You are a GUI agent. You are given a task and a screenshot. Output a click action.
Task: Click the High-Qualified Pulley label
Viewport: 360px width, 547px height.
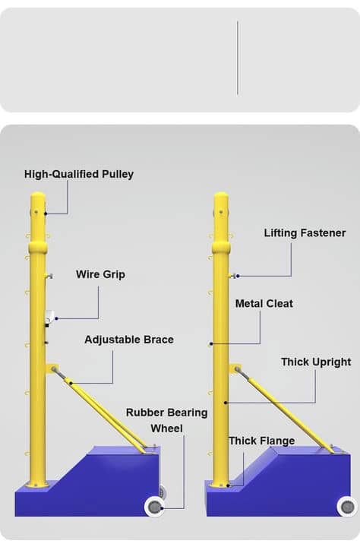[79, 174]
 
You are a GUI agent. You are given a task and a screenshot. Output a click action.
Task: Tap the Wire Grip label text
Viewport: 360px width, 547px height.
[100, 274]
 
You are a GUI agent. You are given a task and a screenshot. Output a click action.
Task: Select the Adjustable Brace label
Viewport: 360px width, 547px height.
[129, 340]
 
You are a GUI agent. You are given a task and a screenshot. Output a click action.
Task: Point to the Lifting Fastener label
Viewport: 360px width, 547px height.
[305, 233]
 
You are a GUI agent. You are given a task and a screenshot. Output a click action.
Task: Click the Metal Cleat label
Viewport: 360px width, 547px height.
[264, 303]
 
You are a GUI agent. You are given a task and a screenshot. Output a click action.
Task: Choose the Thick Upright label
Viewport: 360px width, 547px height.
[316, 362]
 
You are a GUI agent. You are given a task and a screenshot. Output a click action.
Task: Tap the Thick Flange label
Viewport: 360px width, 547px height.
[261, 441]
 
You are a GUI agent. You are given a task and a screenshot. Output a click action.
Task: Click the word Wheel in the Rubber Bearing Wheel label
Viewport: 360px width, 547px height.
[167, 428]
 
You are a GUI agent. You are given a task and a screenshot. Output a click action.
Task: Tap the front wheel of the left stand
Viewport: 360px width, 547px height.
[154, 507]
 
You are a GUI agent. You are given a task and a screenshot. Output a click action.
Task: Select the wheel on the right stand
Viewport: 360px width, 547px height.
[347, 507]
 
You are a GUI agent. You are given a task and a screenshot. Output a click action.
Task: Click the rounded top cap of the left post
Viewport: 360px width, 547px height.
[38, 197]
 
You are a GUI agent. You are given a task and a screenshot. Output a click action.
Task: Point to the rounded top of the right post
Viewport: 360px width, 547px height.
[221, 197]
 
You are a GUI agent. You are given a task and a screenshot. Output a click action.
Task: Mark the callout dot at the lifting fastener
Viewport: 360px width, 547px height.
[238, 276]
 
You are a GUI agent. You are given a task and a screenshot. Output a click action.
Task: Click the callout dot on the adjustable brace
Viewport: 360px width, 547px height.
[71, 383]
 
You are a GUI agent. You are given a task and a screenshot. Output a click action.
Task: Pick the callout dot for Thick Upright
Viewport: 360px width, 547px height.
[226, 403]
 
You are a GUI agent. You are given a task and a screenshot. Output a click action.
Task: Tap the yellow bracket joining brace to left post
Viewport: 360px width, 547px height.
[52, 368]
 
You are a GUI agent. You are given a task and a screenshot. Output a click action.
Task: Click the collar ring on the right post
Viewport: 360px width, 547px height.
[221, 248]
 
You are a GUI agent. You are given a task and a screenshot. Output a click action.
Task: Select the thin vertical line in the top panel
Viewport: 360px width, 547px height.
[238, 58]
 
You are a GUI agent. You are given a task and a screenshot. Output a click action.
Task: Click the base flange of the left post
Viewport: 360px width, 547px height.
[37, 484]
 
